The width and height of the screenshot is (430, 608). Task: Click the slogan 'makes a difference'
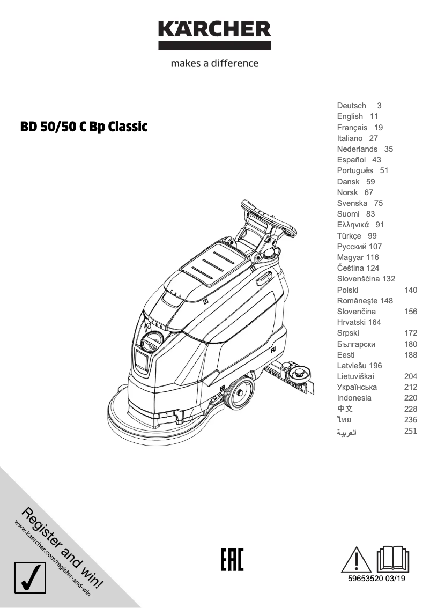[x=214, y=63]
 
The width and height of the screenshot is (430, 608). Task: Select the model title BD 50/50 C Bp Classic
[x=84, y=128]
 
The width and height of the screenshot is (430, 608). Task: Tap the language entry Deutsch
[x=352, y=106]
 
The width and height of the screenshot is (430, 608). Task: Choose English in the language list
[x=350, y=116]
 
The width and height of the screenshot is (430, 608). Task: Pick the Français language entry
[x=352, y=128]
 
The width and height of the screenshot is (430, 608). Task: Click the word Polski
[x=348, y=290]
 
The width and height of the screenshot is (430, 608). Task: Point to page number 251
[x=410, y=430]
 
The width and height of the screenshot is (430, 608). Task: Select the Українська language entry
[x=357, y=387]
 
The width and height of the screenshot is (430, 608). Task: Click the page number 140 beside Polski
[x=410, y=290]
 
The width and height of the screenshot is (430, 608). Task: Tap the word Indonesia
[x=354, y=398]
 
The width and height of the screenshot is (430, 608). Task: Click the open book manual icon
[x=394, y=559]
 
